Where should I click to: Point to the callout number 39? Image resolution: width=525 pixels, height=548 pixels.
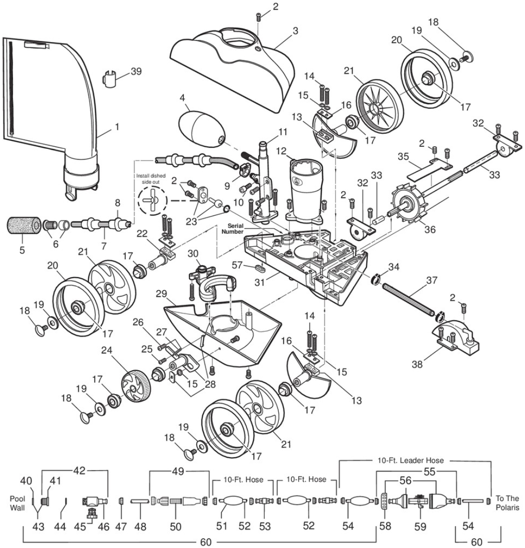(136, 71)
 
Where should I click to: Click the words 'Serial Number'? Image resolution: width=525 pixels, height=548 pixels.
(232, 229)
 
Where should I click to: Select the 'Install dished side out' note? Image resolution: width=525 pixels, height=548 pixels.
(151, 179)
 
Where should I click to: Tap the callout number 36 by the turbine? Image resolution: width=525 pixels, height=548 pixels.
(430, 229)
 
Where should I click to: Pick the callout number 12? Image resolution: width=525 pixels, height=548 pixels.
(282, 151)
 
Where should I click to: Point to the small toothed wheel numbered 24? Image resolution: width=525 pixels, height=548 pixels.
(137, 387)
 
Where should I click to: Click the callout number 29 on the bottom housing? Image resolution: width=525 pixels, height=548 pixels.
(161, 294)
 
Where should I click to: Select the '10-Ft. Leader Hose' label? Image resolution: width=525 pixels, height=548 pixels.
(411, 461)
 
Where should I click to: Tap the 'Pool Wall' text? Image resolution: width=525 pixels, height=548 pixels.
(17, 503)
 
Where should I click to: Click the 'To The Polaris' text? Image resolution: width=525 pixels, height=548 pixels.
(507, 503)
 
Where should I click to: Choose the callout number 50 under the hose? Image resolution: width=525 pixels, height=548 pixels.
(175, 527)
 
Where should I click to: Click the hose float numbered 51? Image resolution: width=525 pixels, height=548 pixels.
(231, 501)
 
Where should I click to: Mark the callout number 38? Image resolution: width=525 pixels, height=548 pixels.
(417, 364)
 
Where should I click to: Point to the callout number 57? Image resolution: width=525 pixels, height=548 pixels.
(237, 265)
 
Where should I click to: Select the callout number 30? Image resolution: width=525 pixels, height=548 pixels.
(193, 254)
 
